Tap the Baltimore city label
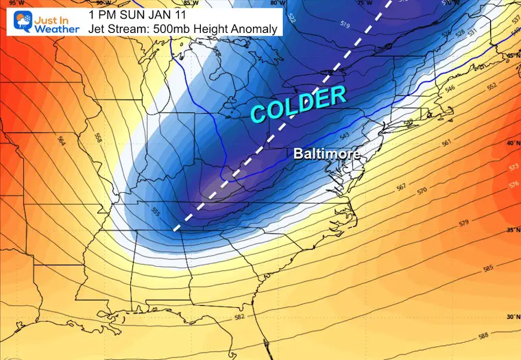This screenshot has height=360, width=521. [x=326, y=154]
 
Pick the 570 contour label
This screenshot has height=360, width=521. [x=423, y=190]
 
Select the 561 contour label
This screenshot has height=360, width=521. [x=446, y=143]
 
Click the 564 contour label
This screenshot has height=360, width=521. [x=62, y=140]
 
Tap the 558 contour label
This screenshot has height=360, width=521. [x=97, y=136]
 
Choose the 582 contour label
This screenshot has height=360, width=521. [x=239, y=317]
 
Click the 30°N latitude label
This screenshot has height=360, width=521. [x=511, y=317]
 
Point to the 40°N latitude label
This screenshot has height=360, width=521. [x=511, y=143]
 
